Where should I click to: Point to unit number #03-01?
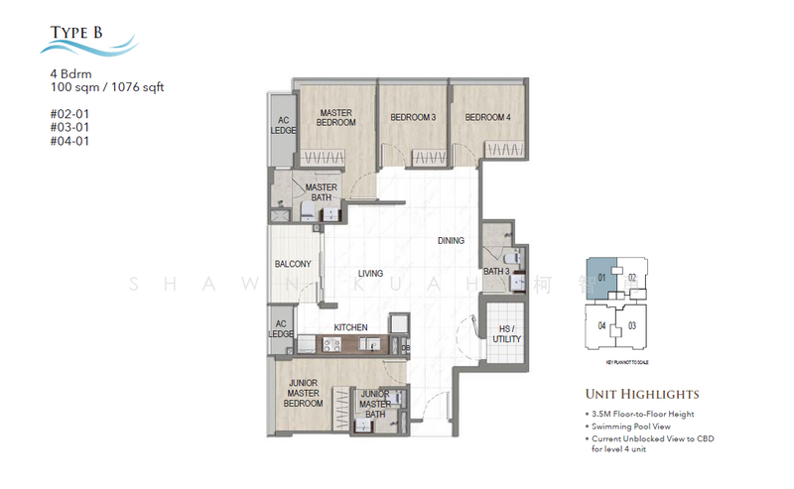point(68,126)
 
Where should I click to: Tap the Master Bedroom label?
point(335,117)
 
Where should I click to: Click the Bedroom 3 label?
point(413,118)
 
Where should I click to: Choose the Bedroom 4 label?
point(487,118)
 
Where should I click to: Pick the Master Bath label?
point(321,192)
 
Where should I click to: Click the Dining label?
point(451,241)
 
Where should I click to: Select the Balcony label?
point(293,264)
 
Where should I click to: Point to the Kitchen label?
point(350,327)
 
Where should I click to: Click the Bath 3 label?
point(495,271)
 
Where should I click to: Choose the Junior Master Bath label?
point(374,405)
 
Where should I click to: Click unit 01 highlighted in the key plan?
point(601,277)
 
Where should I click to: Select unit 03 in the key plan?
point(631,325)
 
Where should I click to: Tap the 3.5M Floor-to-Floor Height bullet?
point(642,413)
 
